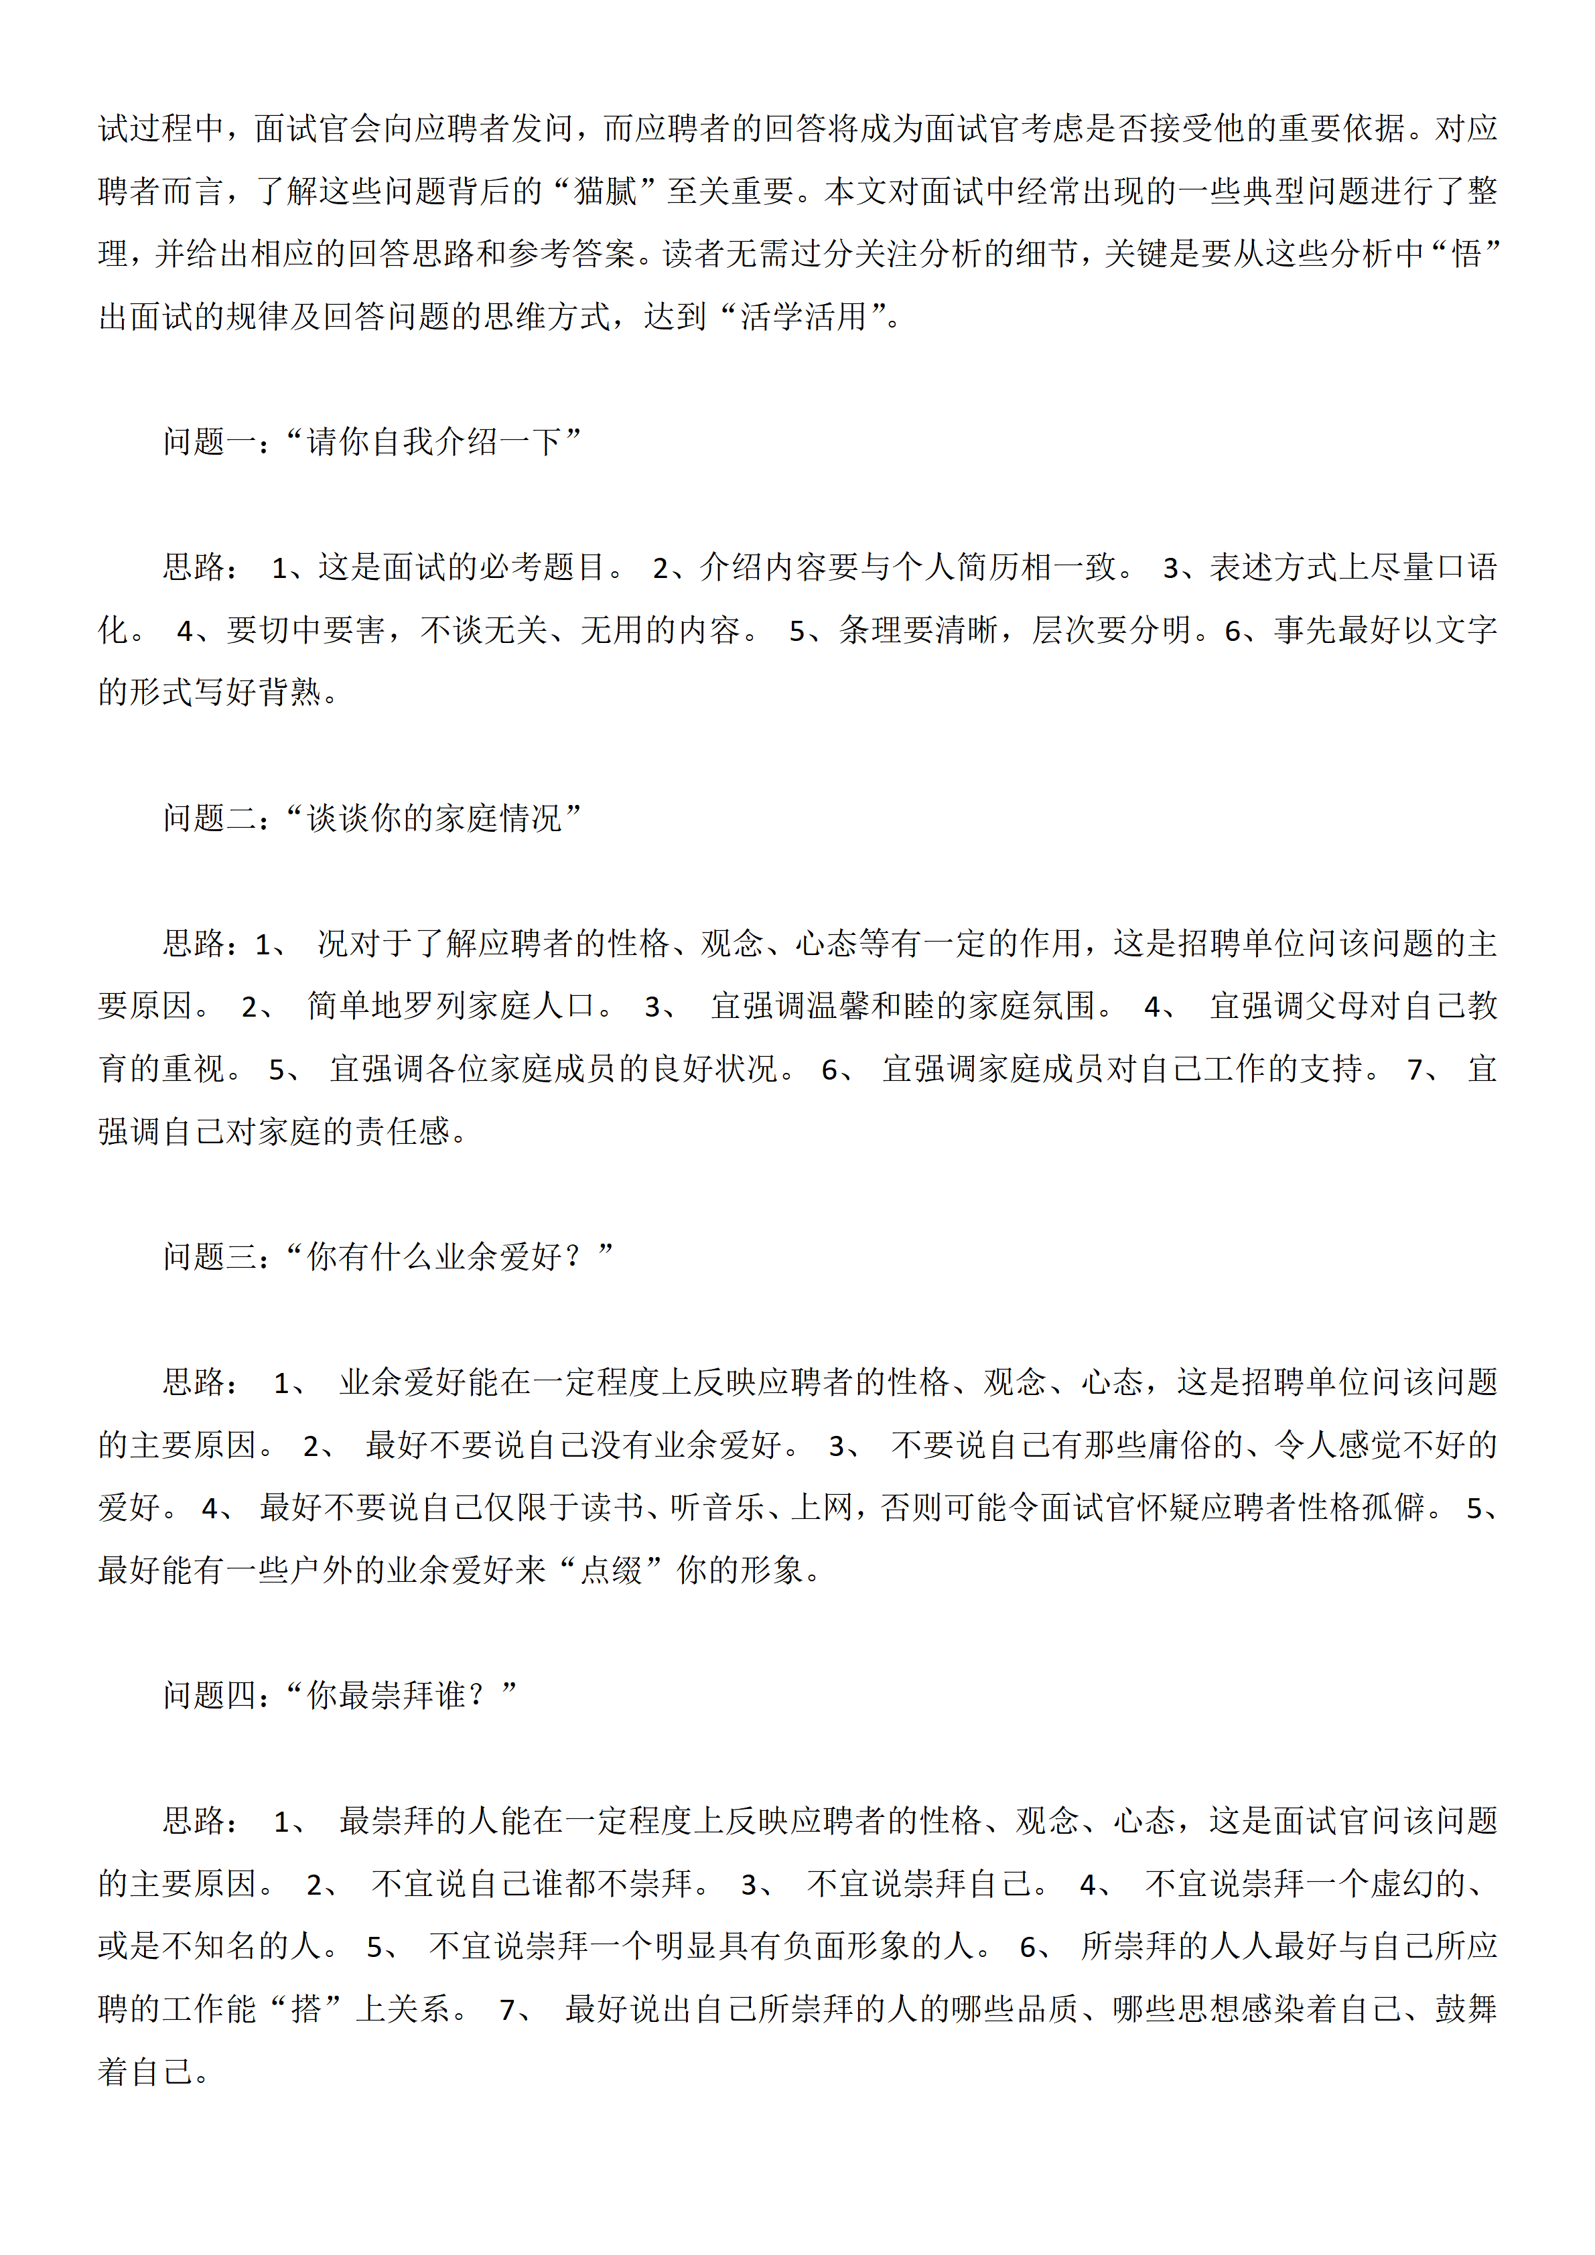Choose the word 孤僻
(x=1393, y=1508)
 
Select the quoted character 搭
(x=305, y=2009)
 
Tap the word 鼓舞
(x=1465, y=2009)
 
